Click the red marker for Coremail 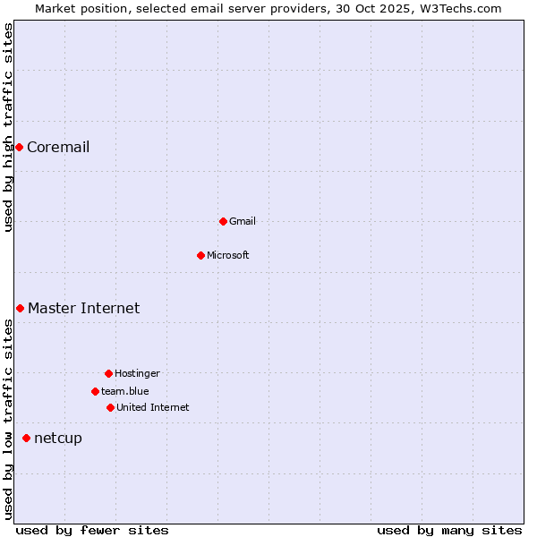pyautogui.click(x=19, y=147)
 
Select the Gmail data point pyautogui.click(x=223, y=221)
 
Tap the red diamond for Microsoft pyautogui.click(x=200, y=255)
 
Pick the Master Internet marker pyautogui.click(x=20, y=308)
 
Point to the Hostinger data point pyautogui.click(x=108, y=373)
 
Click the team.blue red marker pyautogui.click(x=95, y=391)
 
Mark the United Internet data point pyautogui.click(x=110, y=407)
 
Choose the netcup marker pyautogui.click(x=26, y=438)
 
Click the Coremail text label pyautogui.click(x=58, y=147)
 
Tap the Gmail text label pyautogui.click(x=243, y=221)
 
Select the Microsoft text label pyautogui.click(x=228, y=255)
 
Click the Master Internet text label pyautogui.click(x=83, y=308)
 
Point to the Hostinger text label pyautogui.click(x=137, y=373)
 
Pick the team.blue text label pyautogui.click(x=125, y=391)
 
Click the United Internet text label pyautogui.click(x=153, y=407)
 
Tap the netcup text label pyautogui.click(x=58, y=438)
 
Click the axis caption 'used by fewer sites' pyautogui.click(x=92, y=530)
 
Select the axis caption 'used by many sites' pyautogui.click(x=449, y=530)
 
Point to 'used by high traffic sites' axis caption pyautogui.click(x=8, y=127)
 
